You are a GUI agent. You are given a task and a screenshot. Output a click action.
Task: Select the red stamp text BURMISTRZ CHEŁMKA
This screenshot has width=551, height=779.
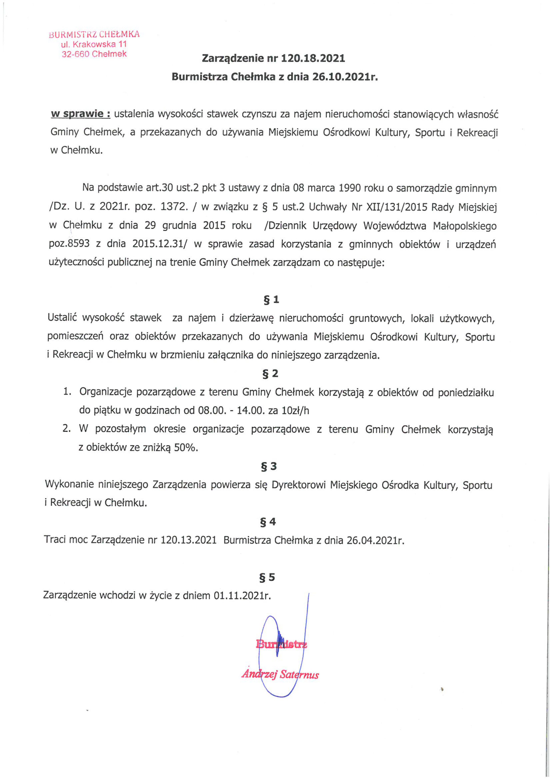click(x=94, y=34)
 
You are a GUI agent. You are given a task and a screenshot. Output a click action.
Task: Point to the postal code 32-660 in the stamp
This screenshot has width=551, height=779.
click(x=75, y=54)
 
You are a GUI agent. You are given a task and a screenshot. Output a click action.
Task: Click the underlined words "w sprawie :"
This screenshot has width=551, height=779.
click(x=80, y=114)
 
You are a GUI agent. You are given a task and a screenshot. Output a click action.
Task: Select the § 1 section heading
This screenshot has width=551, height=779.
click(x=272, y=299)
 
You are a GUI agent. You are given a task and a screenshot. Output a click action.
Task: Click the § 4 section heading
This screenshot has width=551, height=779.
click(x=268, y=522)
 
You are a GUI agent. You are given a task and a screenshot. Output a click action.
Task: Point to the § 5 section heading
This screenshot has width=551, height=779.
click(x=267, y=577)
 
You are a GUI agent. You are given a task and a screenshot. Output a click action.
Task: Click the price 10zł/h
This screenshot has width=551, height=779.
click(x=295, y=411)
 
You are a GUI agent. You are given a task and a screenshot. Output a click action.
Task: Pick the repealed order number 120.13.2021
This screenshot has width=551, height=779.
click(x=188, y=540)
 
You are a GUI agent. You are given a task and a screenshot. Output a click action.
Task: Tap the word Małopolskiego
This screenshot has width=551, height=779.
click(x=465, y=226)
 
